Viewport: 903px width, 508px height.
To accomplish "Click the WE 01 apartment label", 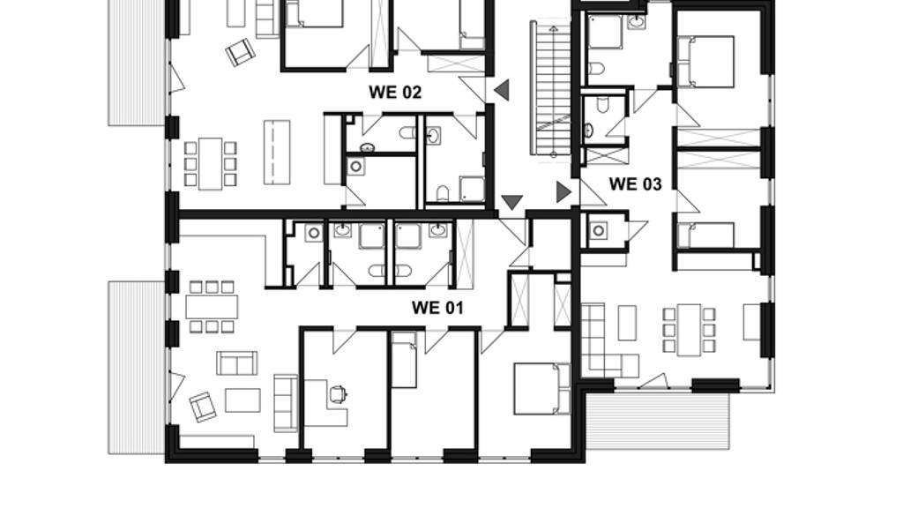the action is point(437,308).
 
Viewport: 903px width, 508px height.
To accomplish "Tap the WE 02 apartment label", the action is point(395,92).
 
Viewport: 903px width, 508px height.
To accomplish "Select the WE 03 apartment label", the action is point(635,184).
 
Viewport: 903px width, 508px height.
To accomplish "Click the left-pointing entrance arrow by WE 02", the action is point(502,90).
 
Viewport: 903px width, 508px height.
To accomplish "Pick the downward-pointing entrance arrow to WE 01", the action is point(512,202).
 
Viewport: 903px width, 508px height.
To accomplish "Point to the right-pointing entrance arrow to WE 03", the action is point(563,191).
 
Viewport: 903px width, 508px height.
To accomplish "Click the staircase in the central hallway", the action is point(550,89).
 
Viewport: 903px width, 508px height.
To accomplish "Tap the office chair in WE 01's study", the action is point(338,394).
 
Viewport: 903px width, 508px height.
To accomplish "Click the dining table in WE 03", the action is point(689,330).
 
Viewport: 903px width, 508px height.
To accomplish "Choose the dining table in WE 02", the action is point(210,163).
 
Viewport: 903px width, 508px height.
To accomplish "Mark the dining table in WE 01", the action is point(212,306).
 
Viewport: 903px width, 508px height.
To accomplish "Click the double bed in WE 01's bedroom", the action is point(542,388).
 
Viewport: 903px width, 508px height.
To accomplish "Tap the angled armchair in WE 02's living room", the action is point(240,52).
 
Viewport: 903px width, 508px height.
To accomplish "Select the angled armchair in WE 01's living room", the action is point(203,407).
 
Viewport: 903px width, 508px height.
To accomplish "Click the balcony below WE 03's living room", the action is point(658,421).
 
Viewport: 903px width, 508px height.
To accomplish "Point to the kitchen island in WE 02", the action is point(277,152).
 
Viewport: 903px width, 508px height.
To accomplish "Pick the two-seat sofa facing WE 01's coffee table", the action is point(236,362).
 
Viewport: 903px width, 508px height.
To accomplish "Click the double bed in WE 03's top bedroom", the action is point(705,62).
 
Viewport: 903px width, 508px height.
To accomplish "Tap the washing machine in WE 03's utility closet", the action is point(599,231).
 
